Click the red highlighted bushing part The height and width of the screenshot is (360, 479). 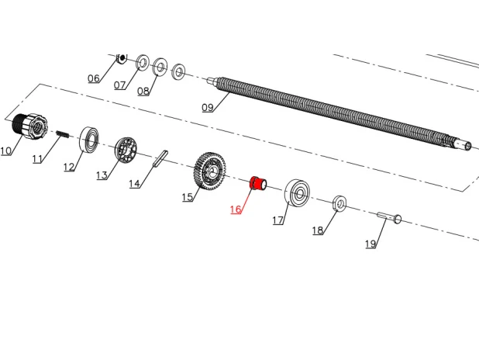(x=258, y=184)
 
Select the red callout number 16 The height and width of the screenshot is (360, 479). (x=236, y=209)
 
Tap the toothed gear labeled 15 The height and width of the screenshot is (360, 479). (x=209, y=171)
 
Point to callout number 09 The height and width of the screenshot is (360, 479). (x=208, y=107)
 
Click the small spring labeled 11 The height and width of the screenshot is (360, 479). (x=63, y=134)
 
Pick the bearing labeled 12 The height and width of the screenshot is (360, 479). (x=89, y=139)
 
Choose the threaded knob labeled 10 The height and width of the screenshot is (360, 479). (x=30, y=126)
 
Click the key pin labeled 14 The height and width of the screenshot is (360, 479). (x=160, y=158)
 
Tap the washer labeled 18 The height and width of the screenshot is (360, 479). (x=339, y=203)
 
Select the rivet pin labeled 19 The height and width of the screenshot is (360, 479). (x=389, y=217)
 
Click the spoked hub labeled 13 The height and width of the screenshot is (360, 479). (x=126, y=151)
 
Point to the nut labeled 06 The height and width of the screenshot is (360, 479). (x=122, y=58)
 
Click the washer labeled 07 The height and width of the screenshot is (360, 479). (x=142, y=63)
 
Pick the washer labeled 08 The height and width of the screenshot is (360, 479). (x=160, y=67)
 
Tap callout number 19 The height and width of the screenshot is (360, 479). (x=370, y=244)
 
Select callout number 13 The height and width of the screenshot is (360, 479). (x=102, y=175)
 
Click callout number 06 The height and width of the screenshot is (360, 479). (x=94, y=78)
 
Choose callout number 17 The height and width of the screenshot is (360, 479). (x=278, y=220)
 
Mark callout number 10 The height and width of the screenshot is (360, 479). (x=5, y=151)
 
